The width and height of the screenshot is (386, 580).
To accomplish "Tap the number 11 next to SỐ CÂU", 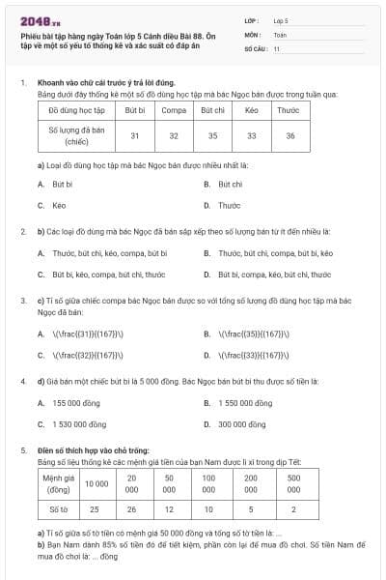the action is click(x=277, y=48).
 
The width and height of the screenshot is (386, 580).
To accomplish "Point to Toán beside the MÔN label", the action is click(x=280, y=34).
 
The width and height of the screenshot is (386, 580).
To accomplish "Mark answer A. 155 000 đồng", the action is click(x=64, y=402).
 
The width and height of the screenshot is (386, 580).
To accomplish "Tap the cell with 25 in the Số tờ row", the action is click(x=95, y=507).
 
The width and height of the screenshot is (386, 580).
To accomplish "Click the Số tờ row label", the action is click(x=58, y=507).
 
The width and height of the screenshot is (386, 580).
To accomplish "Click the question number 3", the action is click(x=23, y=301).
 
